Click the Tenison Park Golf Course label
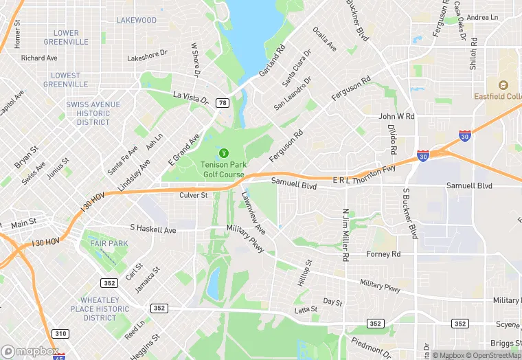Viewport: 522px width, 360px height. point(223,169)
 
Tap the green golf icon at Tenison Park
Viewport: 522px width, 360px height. point(223,153)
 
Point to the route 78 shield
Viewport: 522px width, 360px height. point(222,103)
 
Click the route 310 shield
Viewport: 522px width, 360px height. point(61,334)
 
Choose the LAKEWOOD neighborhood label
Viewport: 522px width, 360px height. point(136,21)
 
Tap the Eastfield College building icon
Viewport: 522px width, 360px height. point(503,85)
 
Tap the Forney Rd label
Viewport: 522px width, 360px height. point(383,254)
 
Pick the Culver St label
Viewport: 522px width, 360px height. point(193,196)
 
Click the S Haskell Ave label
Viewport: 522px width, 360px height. point(153,229)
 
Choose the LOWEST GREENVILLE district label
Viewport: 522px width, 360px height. point(65,80)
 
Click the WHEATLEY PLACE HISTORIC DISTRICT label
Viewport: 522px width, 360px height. point(100,309)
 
